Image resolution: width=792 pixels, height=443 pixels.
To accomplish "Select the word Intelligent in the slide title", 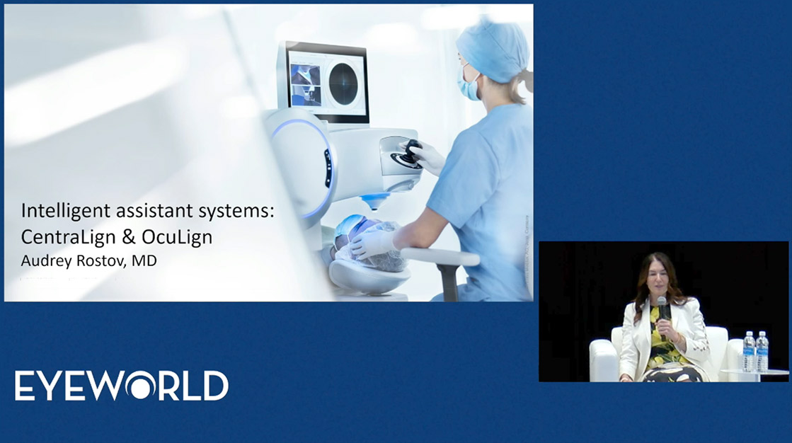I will click(x=58, y=211).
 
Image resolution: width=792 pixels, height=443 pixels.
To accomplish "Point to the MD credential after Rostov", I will click(x=146, y=260).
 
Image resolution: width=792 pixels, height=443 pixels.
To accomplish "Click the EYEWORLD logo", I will click(x=121, y=386).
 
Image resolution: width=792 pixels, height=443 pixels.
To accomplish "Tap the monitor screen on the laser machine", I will click(x=326, y=79).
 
